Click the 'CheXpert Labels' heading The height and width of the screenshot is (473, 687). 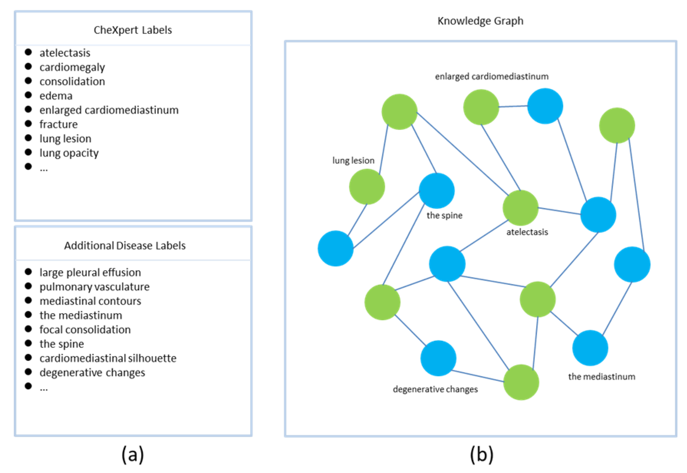(x=133, y=30)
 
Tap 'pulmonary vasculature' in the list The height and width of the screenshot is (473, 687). (x=95, y=287)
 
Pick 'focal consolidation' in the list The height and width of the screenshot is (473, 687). (x=85, y=329)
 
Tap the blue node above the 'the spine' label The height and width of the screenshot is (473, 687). (x=436, y=191)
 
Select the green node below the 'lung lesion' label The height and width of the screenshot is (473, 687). (x=367, y=186)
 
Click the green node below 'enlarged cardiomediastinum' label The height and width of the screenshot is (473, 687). (x=481, y=107)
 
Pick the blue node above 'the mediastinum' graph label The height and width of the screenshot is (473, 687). (x=590, y=348)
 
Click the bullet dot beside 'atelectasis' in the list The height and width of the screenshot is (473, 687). (x=28, y=52)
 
